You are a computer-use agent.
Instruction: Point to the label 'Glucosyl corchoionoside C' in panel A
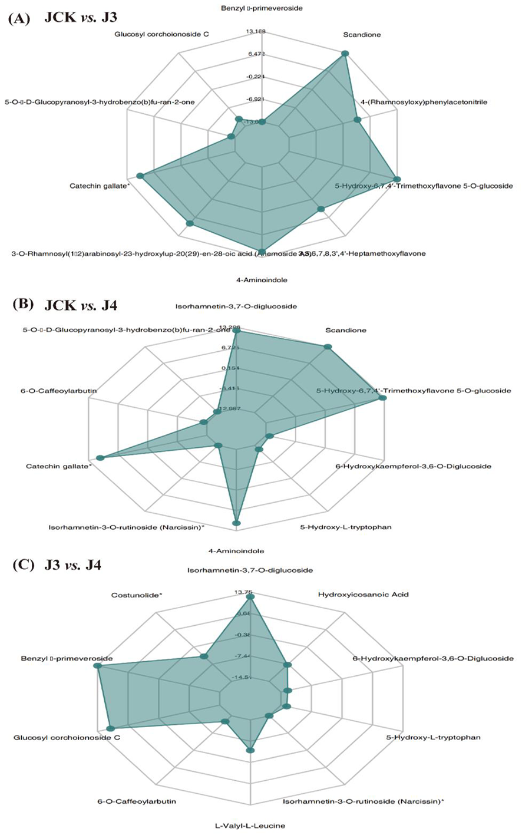tap(162, 35)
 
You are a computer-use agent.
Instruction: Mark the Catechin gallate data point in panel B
tap(100, 458)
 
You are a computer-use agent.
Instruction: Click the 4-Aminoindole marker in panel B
tap(237, 523)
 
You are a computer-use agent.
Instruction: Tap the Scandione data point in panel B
tap(328, 348)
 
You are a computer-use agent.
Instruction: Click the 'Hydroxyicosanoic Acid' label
tap(363, 595)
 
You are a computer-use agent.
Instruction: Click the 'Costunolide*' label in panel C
tap(136, 595)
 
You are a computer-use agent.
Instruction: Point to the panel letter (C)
tap(22, 565)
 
